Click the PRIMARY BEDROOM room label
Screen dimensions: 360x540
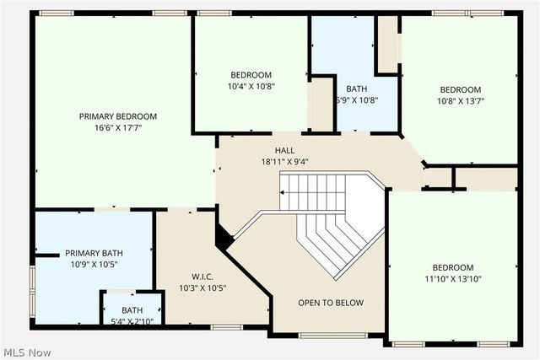118,116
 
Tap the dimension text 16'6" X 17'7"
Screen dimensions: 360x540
118,128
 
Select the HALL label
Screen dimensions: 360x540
273,149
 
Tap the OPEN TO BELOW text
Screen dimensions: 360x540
331,303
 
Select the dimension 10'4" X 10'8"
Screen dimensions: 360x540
251,86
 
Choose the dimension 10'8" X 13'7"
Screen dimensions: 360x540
460,101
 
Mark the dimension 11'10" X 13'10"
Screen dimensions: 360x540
452,279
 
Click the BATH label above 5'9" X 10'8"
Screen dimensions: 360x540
356,89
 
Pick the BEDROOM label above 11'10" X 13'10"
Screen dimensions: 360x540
452,267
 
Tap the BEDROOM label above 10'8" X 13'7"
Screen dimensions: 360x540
460,89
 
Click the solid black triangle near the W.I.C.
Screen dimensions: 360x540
224,239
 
